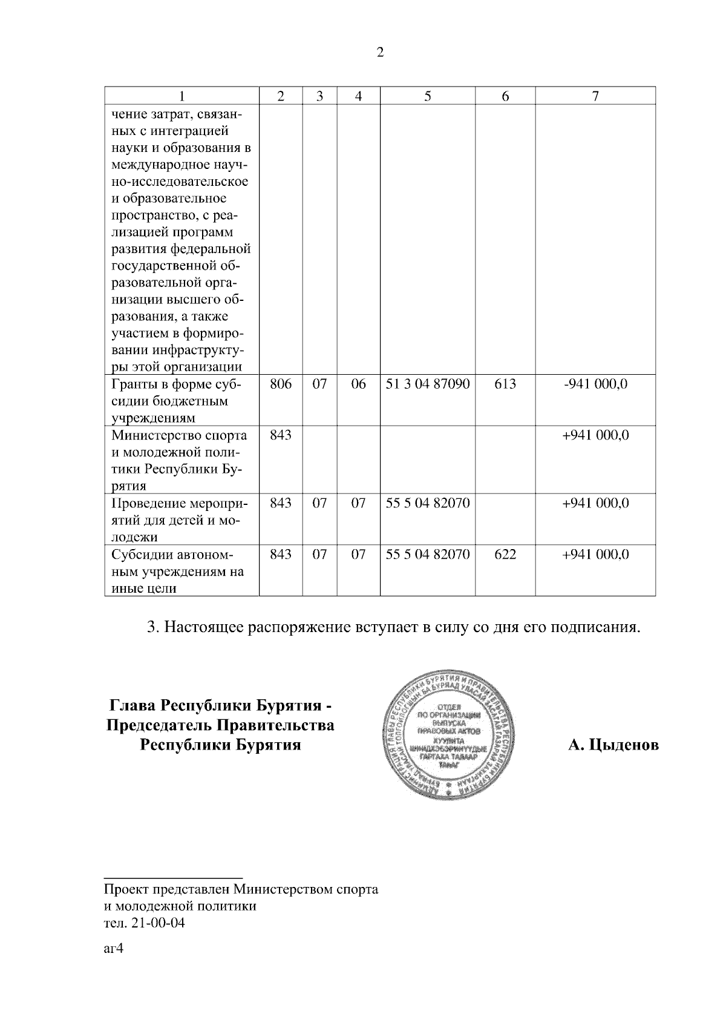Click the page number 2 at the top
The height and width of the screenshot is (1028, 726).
[x=380, y=53]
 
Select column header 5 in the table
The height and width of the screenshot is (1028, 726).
[x=427, y=96]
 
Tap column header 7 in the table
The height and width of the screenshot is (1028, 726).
[x=595, y=96]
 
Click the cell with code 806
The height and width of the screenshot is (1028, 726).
[x=280, y=384]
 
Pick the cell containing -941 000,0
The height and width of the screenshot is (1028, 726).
[x=595, y=384]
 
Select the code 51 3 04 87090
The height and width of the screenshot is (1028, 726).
[x=428, y=384]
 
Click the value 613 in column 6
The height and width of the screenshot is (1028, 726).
[x=505, y=384]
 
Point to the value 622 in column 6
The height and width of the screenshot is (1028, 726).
[x=505, y=554]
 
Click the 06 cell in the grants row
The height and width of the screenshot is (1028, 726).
[x=359, y=384]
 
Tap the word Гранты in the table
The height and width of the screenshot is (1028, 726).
[x=131, y=384]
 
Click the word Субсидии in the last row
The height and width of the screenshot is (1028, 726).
[x=139, y=555]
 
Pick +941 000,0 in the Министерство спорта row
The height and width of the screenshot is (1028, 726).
[x=595, y=435]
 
